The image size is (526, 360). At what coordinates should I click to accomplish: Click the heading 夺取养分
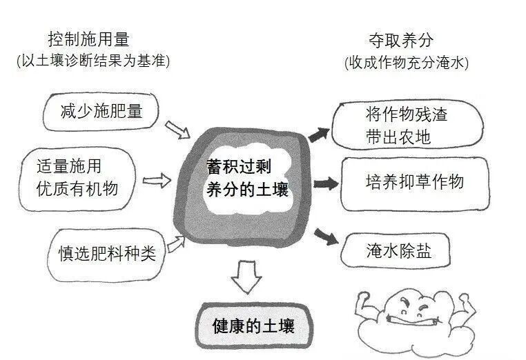coord(402,39)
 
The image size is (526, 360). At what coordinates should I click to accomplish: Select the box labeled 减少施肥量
coord(101,110)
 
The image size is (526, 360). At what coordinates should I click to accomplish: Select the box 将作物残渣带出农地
coord(407,125)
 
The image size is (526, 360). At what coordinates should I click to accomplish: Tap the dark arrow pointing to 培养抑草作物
coord(325,183)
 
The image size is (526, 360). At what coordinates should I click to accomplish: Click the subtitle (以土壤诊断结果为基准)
coord(92,61)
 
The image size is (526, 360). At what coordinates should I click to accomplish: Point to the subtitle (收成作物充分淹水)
coord(406,63)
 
